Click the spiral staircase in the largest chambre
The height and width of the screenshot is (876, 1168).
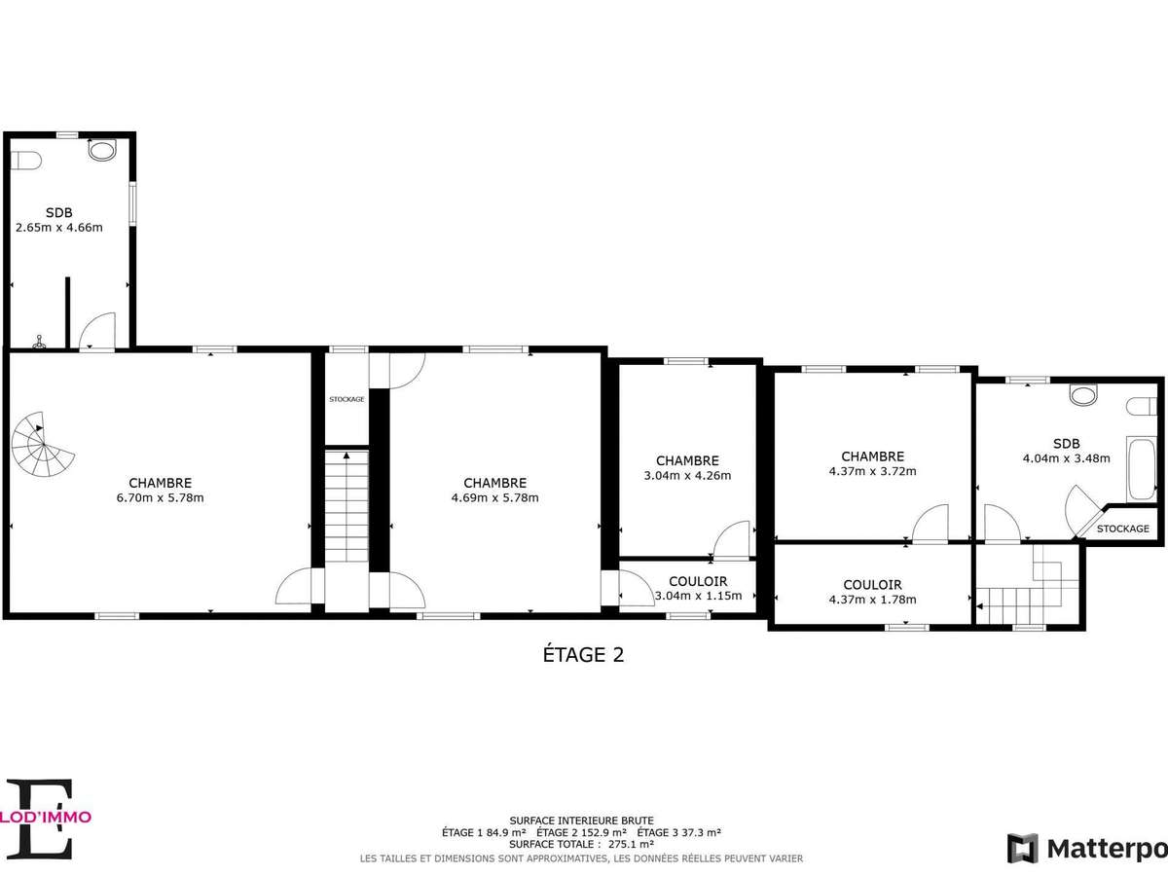click(x=43, y=444)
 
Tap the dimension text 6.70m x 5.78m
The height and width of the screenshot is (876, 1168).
click(x=161, y=497)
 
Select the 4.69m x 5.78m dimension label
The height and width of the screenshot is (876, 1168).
click(x=494, y=497)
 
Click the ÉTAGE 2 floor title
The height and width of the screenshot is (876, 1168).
click(x=583, y=655)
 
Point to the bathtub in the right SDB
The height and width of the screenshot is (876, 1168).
click(x=1141, y=468)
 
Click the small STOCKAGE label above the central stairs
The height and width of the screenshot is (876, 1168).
click(x=347, y=399)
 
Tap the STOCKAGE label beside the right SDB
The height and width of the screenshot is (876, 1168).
click(x=1123, y=529)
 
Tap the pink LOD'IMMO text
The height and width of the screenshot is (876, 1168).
click(x=46, y=817)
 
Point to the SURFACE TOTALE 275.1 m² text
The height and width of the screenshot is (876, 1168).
click(x=581, y=844)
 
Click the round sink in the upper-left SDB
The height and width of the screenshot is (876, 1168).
click(x=101, y=150)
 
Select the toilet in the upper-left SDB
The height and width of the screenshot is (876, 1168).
click(x=25, y=160)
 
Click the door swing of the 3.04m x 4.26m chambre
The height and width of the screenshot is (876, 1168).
click(x=731, y=539)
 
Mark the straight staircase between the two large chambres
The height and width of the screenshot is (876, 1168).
click(x=347, y=506)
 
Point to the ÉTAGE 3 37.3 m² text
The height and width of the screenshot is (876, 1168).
click(x=679, y=832)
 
